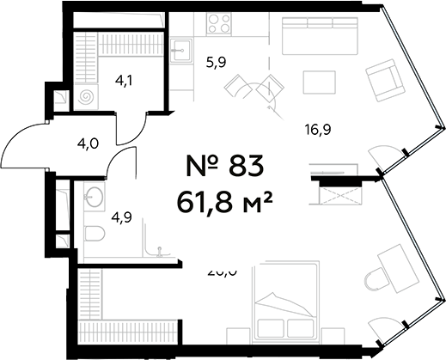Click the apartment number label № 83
[223, 164]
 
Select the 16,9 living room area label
[319, 130]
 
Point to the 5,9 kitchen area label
[216, 61]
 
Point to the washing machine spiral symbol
[86, 97]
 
